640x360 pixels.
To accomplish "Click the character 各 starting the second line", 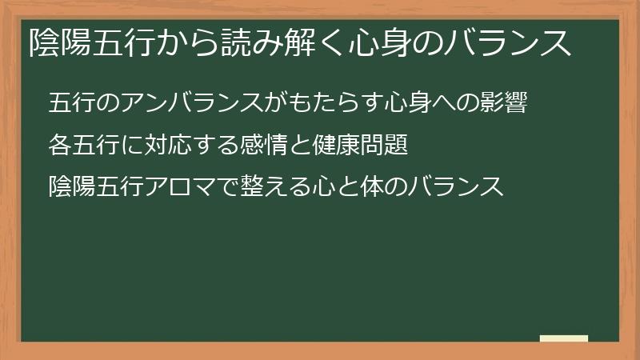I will (60, 146).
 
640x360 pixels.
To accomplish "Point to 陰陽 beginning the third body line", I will (72, 187).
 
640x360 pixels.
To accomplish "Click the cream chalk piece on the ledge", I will (563, 338).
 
